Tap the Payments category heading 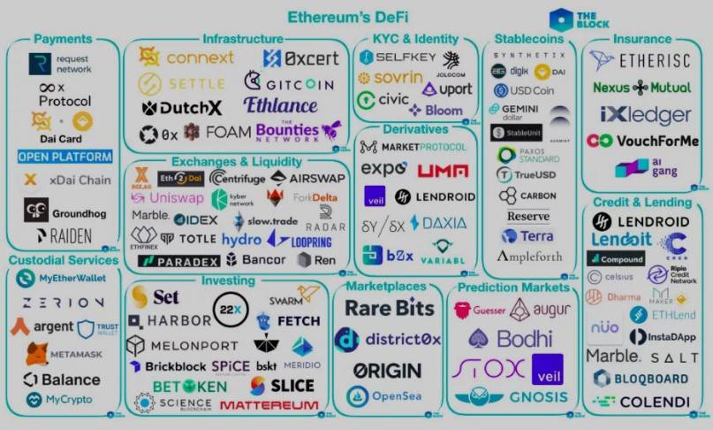pos(63,39)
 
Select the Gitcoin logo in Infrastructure pos(289,84)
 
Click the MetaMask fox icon pos(36,354)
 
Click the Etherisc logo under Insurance pos(642,61)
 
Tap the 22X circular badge pos(230,310)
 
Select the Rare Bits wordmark pos(389,308)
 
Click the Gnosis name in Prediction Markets pos(538,397)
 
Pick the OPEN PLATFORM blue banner pos(65,157)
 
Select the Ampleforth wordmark pos(529,257)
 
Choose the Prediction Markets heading pos(508,288)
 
